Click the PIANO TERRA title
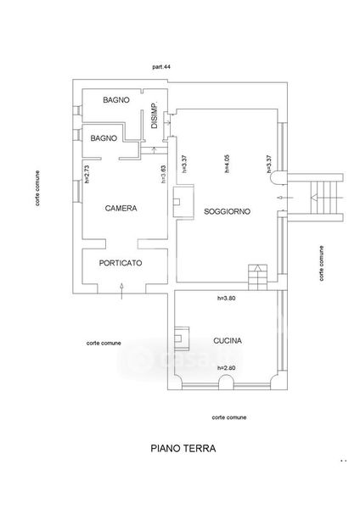[x=183, y=449]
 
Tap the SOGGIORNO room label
[x=227, y=211]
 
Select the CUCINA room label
[x=228, y=341]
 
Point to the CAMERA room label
[x=121, y=209]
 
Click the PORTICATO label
[x=121, y=263]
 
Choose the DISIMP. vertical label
[x=155, y=115]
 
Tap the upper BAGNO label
[x=116, y=100]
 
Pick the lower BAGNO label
[x=104, y=138]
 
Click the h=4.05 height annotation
[x=227, y=164]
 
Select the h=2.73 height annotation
[x=87, y=174]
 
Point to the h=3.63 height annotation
[x=164, y=174]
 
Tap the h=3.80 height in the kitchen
[x=226, y=298]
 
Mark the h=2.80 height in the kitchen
[x=226, y=368]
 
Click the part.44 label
[x=161, y=67]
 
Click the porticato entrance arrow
[x=122, y=291]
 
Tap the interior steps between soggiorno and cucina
[x=258, y=277]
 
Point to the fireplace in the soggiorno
[x=184, y=202]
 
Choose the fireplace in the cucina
[x=182, y=338]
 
